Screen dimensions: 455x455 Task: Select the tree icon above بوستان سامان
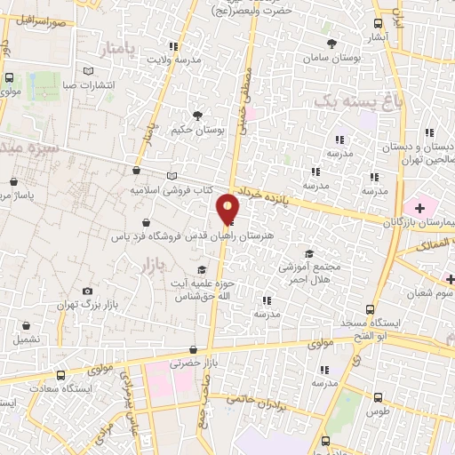click(331, 44)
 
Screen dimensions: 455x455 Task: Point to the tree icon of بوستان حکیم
click(197, 115)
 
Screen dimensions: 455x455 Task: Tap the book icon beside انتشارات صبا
click(87, 71)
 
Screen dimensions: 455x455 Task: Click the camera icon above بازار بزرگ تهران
click(87, 291)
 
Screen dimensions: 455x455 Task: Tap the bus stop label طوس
click(379, 411)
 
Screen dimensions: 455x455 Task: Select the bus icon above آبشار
click(378, 24)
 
